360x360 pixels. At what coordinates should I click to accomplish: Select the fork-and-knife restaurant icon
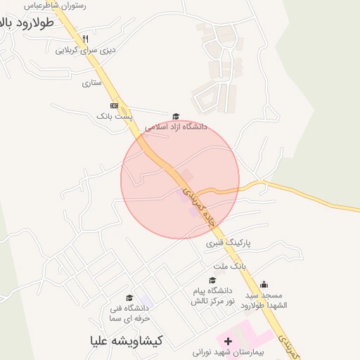click(85, 39)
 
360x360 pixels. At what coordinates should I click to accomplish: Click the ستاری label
click(92, 83)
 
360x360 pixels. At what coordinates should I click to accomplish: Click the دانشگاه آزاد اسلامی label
click(176, 127)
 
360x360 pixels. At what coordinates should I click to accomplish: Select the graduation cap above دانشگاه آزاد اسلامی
click(176, 117)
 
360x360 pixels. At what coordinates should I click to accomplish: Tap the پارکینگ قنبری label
click(229, 243)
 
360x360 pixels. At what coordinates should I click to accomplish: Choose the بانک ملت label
click(230, 267)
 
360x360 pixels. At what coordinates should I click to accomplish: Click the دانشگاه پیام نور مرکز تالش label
click(211, 295)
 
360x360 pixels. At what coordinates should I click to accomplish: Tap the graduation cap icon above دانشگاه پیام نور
click(212, 281)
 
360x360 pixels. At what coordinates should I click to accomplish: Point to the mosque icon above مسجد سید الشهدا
click(264, 284)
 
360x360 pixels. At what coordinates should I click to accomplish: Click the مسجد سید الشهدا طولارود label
click(264, 300)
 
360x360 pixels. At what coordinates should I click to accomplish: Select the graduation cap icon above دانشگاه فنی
click(129, 298)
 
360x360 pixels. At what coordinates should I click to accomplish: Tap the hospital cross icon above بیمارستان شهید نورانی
click(228, 340)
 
